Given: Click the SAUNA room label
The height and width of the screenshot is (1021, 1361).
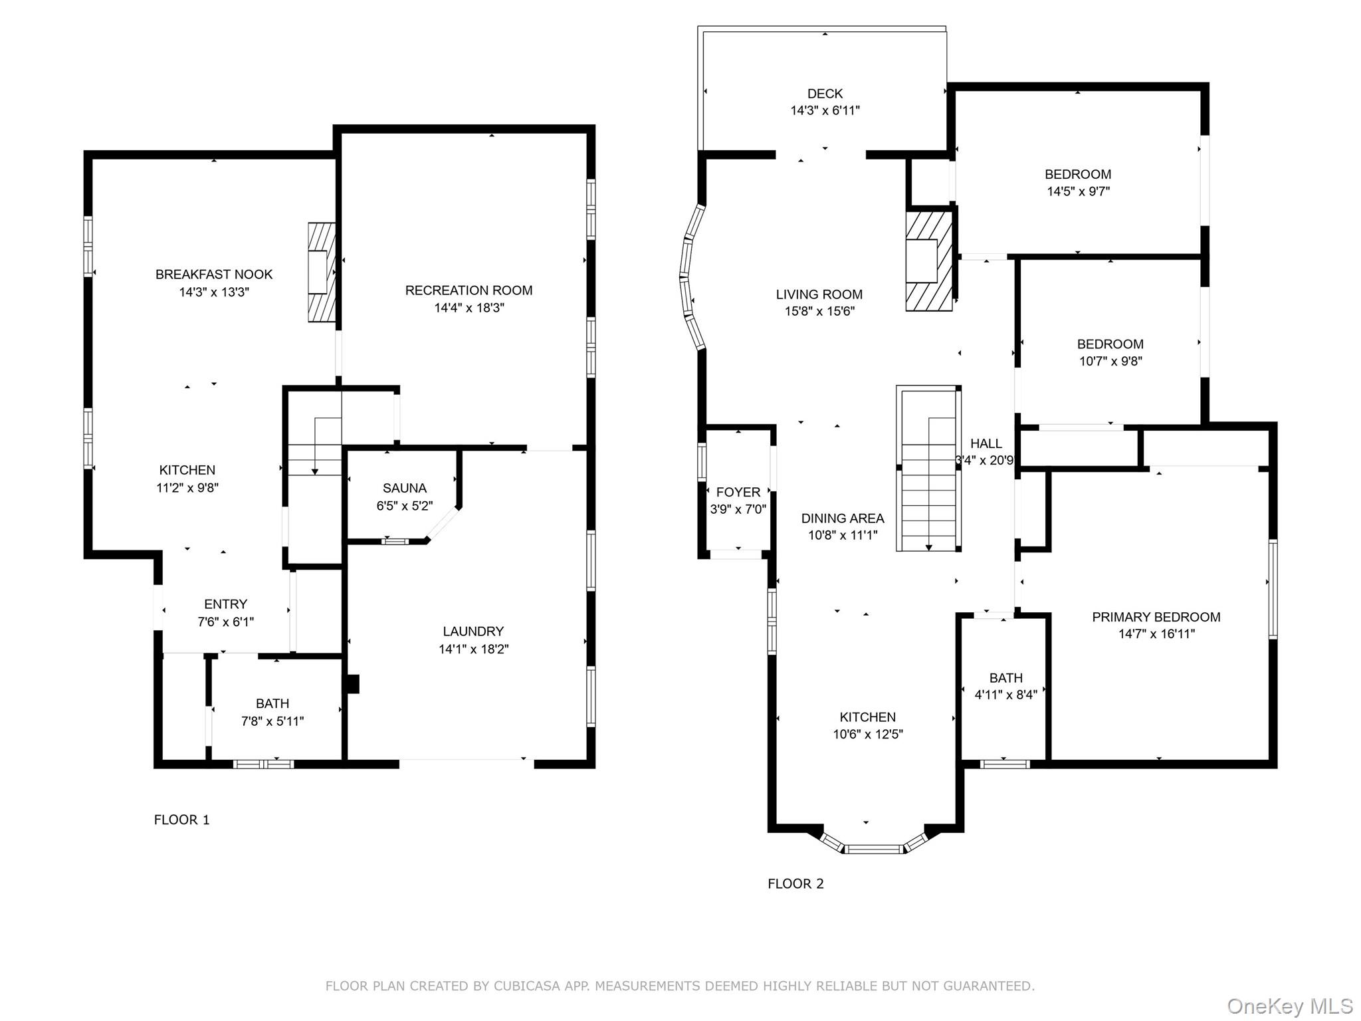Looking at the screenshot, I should tap(404, 488).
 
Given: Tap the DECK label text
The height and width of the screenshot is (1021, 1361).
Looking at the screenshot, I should tap(825, 94).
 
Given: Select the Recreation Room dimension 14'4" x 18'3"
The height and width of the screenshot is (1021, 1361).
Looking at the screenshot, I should tap(469, 308).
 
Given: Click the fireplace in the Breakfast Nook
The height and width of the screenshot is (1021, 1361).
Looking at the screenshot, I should tap(322, 272).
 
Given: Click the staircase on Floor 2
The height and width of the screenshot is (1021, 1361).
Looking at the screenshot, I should tap(928, 469).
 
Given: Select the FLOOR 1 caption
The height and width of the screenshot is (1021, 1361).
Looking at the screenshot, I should tap(181, 820).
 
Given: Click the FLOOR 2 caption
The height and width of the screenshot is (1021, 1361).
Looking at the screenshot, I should tap(795, 883).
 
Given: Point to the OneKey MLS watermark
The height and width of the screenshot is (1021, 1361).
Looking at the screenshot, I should tap(1289, 1006).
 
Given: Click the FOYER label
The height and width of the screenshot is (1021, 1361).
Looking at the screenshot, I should tap(738, 493).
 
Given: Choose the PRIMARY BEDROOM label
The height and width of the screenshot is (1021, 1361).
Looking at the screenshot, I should tap(1156, 617).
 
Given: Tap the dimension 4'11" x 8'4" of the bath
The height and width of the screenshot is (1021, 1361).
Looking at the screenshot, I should tap(1005, 695).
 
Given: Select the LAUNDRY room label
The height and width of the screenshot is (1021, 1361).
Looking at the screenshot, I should tap(473, 631).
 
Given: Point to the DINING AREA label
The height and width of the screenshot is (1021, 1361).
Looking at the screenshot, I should tap(842, 518).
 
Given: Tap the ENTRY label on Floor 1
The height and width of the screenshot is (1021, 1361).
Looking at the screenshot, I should tap(225, 604).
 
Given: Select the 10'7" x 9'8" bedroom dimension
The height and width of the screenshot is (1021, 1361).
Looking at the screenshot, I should tap(1110, 362).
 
